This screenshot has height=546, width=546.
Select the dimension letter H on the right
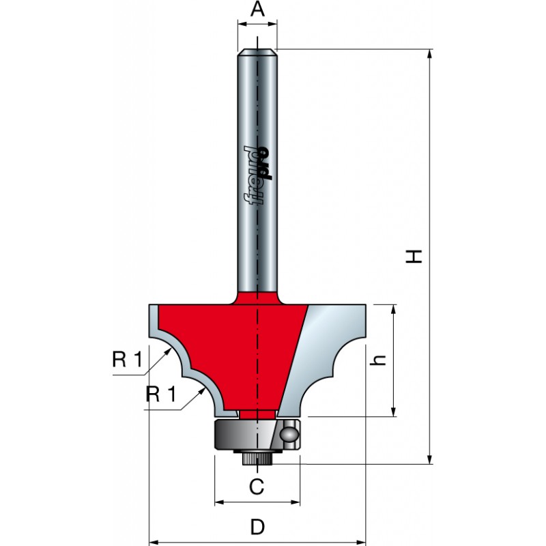click(414, 256)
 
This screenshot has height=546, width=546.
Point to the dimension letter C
click(256, 487)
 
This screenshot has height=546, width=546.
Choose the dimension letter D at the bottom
click(257, 527)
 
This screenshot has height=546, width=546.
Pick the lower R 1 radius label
click(162, 394)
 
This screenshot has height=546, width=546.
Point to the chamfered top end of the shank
click(257, 50)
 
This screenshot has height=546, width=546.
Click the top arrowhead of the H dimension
click(430, 53)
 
